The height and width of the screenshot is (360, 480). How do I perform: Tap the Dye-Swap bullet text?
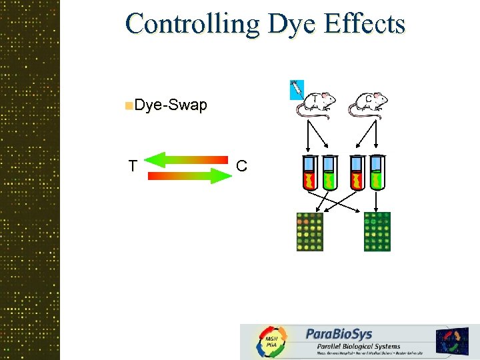point(171,105)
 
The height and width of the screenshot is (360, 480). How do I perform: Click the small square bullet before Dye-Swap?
point(128,105)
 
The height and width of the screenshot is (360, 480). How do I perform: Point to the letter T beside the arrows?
point(133,166)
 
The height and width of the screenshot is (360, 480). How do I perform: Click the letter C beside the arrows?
point(241,166)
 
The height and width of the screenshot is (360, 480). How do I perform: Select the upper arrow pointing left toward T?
point(186,159)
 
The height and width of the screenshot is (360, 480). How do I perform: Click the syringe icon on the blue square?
point(296,89)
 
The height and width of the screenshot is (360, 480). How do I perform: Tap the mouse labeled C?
point(369,104)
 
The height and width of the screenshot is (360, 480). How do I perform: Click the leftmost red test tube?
point(309,173)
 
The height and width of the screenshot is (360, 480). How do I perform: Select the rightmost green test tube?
point(378,173)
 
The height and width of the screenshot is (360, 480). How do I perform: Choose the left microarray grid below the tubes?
point(309,231)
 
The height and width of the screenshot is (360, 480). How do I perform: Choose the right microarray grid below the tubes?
point(377,231)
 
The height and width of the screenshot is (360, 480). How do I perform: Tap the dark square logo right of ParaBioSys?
point(453,341)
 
